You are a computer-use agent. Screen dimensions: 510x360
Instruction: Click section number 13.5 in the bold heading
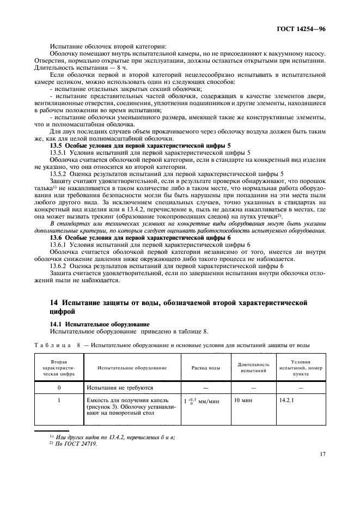pyautogui.click(x=57, y=145)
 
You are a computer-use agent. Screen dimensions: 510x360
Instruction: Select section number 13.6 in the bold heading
pyautogui.click(x=57, y=238)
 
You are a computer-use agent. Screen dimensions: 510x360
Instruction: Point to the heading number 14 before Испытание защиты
pyautogui.click(x=54, y=301)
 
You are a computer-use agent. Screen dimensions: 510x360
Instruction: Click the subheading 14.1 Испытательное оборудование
pyautogui.click(x=89, y=324)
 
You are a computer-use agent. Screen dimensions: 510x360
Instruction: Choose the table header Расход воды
pyautogui.click(x=206, y=368)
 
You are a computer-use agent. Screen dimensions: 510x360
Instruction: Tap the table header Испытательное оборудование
pyautogui.click(x=132, y=368)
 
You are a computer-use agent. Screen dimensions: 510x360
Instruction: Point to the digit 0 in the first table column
pyautogui.click(x=59, y=387)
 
